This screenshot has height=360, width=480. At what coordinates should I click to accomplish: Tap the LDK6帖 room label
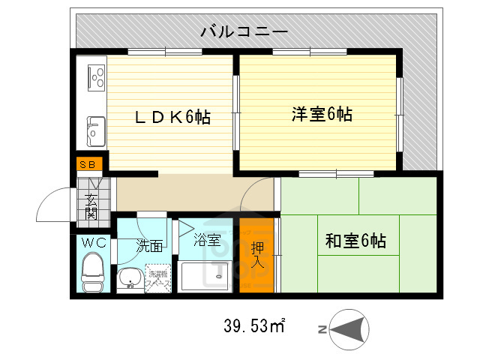point(172,117)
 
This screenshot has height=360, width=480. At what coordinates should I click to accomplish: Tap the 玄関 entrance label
point(91,205)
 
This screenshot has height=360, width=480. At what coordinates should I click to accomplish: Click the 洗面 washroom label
point(148,245)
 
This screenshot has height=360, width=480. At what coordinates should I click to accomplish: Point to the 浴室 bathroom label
point(207,241)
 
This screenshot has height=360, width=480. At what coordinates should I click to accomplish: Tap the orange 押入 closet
point(257,256)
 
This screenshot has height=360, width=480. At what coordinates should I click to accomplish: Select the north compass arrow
point(349,328)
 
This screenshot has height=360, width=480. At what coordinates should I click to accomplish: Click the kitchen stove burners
point(97,77)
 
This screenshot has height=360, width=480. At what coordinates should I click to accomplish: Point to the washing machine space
point(157,277)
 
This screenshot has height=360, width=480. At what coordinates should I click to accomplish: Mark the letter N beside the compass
point(321,329)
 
